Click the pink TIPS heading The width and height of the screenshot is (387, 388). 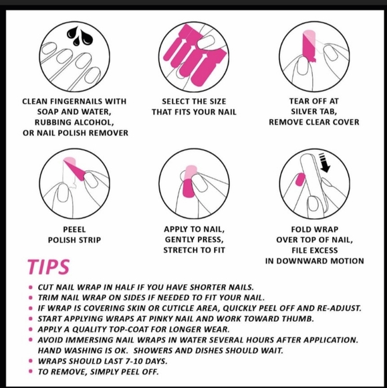point(49,267)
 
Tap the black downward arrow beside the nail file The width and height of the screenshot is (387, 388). point(324,163)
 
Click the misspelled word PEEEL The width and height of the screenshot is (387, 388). point(74,229)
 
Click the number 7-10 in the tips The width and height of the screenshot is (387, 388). point(134,361)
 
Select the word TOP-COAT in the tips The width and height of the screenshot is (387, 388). point(129,329)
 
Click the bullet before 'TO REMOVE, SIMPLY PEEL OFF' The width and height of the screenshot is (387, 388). point(31,371)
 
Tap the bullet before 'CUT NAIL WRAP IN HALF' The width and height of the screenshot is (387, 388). point(31,287)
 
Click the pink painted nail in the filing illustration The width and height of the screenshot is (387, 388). point(300,179)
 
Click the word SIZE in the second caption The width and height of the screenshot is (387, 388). point(218,102)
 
